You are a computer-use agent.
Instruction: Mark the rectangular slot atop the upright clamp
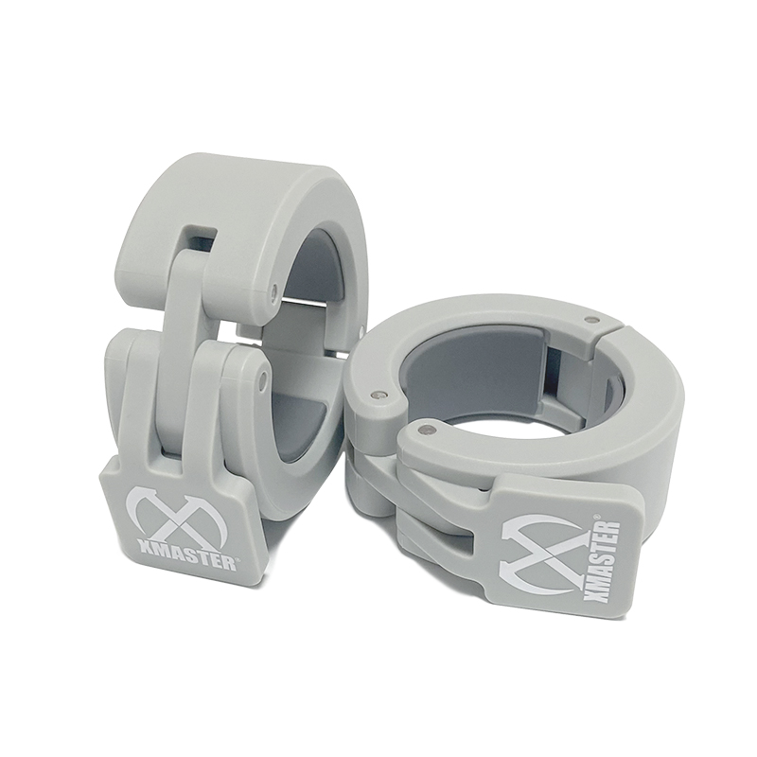[199, 238]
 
